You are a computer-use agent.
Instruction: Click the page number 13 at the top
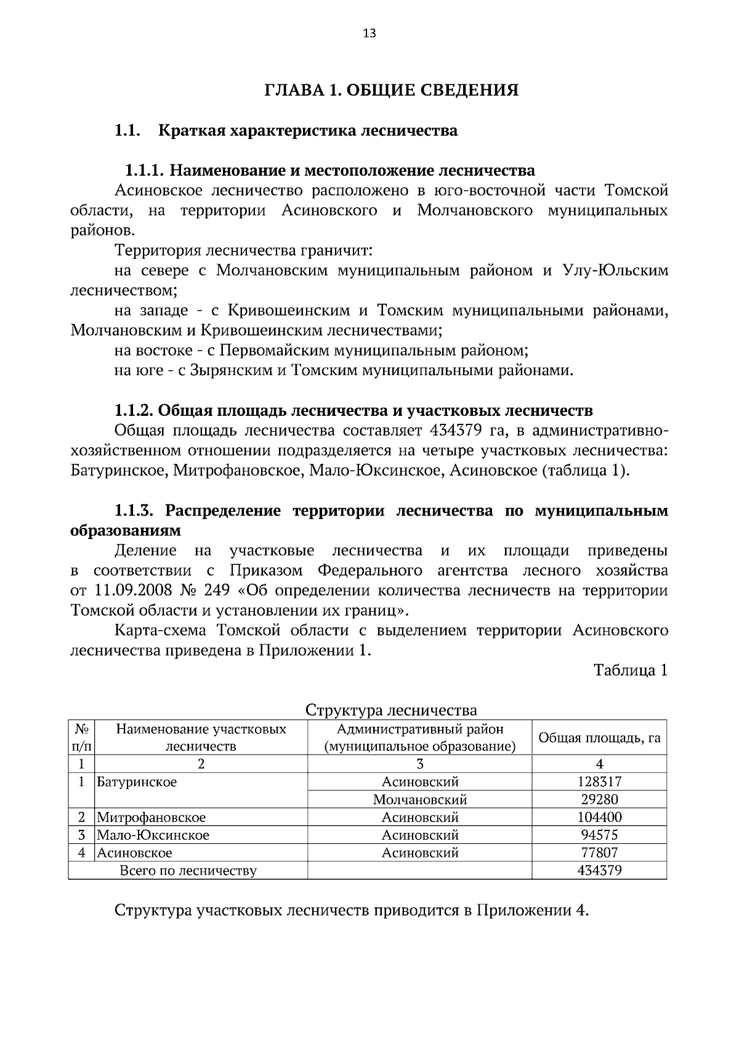click(x=369, y=33)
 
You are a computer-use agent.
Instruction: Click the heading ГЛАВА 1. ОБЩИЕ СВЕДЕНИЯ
click(x=391, y=91)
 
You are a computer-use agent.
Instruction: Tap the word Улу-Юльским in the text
click(x=615, y=270)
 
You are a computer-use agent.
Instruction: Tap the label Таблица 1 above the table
click(x=630, y=670)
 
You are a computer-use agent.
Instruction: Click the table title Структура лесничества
click(x=391, y=710)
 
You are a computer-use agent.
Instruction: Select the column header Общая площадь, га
click(x=599, y=738)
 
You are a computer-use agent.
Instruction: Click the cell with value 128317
click(x=599, y=782)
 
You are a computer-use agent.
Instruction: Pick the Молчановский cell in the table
click(x=419, y=800)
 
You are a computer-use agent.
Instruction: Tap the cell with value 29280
click(x=599, y=800)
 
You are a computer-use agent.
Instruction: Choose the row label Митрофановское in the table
click(x=151, y=817)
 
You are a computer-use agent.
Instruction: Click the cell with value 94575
click(x=599, y=835)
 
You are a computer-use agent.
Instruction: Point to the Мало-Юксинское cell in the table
click(x=153, y=835)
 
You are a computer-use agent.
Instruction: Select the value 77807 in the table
click(x=599, y=853)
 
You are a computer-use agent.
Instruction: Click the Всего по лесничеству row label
click(x=188, y=870)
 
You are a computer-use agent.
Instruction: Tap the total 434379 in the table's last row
click(x=599, y=870)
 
